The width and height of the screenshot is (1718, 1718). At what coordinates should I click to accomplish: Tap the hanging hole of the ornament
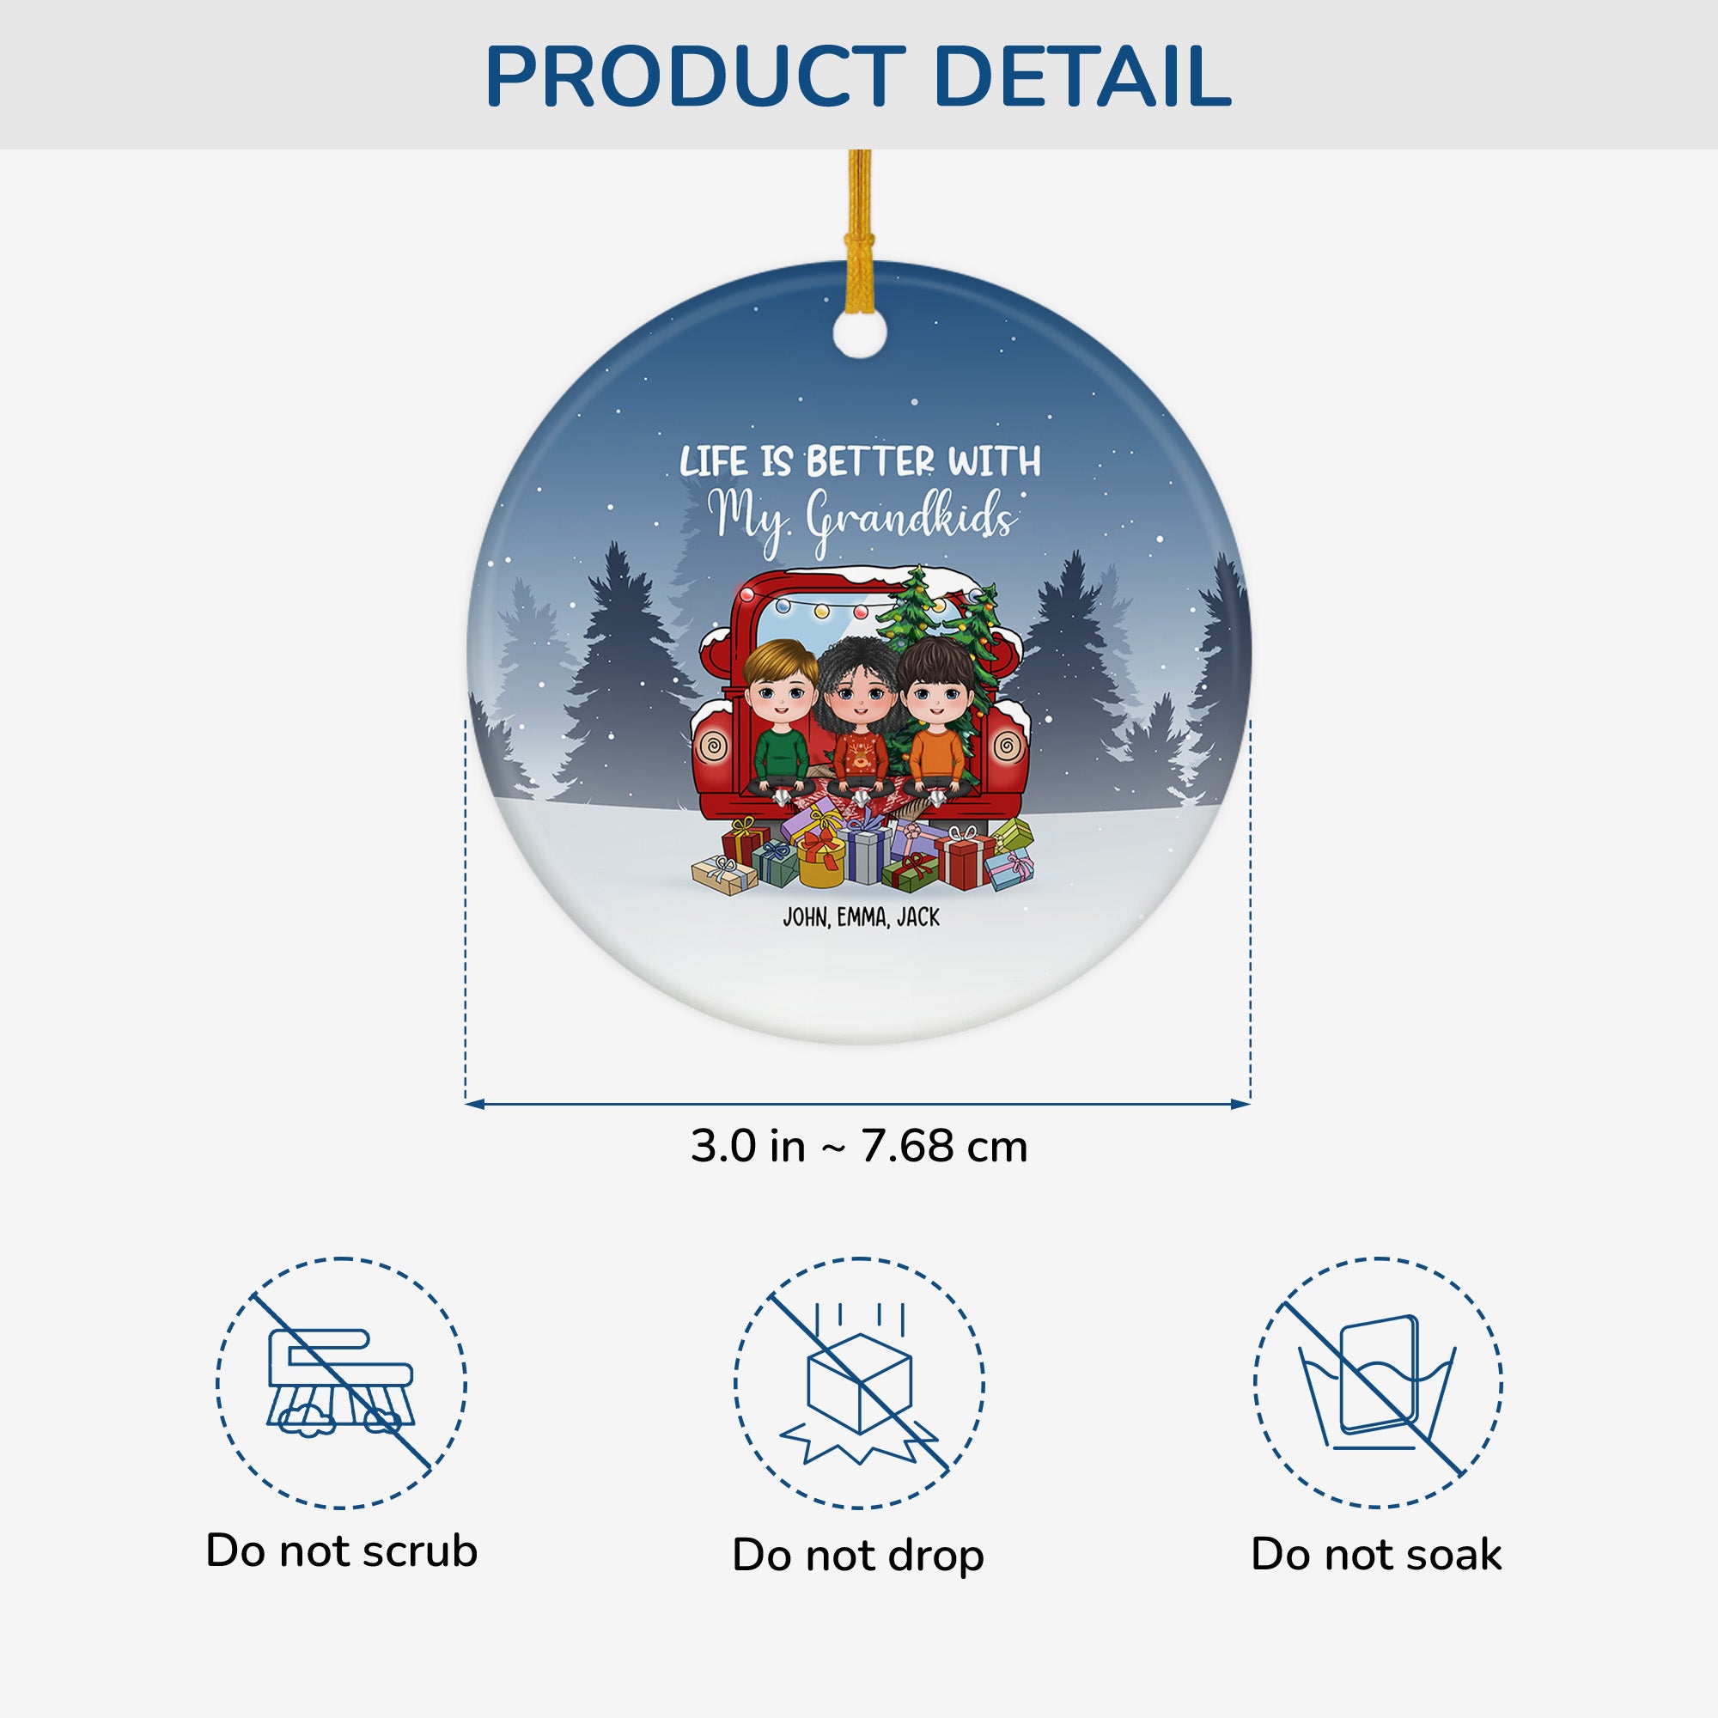coord(860,334)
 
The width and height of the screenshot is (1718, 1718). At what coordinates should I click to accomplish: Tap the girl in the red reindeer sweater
coord(859,728)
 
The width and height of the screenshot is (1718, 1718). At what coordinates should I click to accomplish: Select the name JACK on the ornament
coord(917,917)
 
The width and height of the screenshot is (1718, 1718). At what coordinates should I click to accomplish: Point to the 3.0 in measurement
coord(748,1146)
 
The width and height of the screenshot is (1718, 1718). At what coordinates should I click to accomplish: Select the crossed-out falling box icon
coord(859,1395)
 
